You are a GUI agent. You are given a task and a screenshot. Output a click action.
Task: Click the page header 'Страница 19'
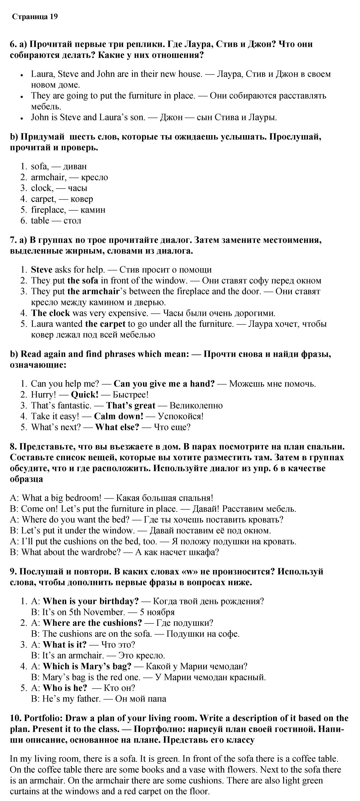[x=35, y=17]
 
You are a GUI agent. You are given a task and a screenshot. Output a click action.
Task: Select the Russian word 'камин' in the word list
[x=93, y=210]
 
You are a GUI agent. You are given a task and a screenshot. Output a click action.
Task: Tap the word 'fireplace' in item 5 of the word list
[x=48, y=210]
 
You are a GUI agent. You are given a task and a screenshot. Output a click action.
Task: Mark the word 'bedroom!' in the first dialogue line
[x=83, y=498]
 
